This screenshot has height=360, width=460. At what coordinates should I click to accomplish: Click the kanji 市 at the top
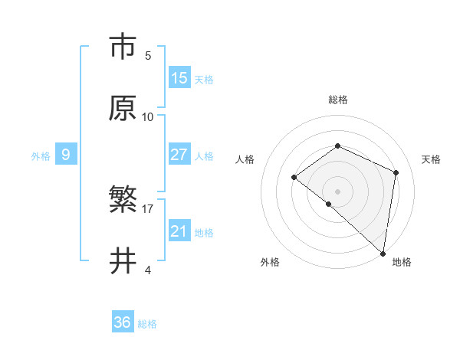(x=123, y=47)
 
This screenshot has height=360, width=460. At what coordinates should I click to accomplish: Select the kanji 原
(x=123, y=108)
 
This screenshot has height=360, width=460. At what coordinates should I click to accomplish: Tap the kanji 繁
(x=123, y=201)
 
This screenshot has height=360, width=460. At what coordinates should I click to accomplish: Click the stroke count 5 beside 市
(x=148, y=55)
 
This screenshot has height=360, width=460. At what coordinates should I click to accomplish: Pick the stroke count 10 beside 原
(x=148, y=116)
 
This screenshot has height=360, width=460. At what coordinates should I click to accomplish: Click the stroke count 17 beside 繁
(x=148, y=208)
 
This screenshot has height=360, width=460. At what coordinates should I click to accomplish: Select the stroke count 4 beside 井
(x=148, y=270)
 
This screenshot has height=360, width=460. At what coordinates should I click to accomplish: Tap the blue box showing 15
(x=179, y=78)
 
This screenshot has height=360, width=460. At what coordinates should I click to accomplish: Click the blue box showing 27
(x=179, y=155)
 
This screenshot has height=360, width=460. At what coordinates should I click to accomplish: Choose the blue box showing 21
(x=179, y=231)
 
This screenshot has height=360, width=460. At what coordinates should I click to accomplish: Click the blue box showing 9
(x=66, y=155)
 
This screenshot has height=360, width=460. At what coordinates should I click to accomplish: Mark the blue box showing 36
(x=123, y=323)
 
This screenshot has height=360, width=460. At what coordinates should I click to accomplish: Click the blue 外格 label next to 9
(x=41, y=156)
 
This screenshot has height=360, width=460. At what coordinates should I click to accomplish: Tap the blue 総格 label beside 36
(x=147, y=324)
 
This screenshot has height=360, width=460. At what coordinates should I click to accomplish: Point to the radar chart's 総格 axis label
(x=337, y=100)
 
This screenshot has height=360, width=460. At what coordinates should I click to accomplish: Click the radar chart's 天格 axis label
(x=431, y=159)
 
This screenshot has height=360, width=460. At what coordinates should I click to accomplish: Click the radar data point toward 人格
(x=294, y=178)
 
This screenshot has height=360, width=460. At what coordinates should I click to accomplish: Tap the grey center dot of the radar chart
(x=337, y=191)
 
